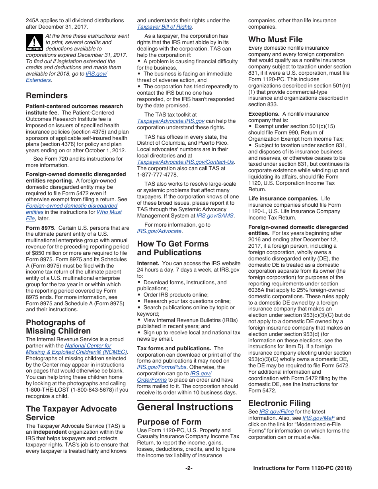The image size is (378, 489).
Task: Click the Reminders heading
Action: (x=47, y=95)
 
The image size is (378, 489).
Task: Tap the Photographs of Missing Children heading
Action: (x=58, y=326)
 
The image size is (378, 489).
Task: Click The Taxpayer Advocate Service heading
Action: (x=71, y=413)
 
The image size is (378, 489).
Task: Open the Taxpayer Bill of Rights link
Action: (x=164, y=27)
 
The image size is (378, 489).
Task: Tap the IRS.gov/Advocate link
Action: (x=159, y=231)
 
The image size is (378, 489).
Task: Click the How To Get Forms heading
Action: (x=173, y=248)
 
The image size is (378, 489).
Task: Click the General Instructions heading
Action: (x=185, y=407)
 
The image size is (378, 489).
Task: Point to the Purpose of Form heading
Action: (x=169, y=422)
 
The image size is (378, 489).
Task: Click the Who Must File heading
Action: (x=275, y=39)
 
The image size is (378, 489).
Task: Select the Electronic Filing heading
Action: (x=279, y=403)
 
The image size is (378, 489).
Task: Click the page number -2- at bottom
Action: (x=189, y=468)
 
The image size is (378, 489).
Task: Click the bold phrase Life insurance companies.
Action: (x=283, y=198)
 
